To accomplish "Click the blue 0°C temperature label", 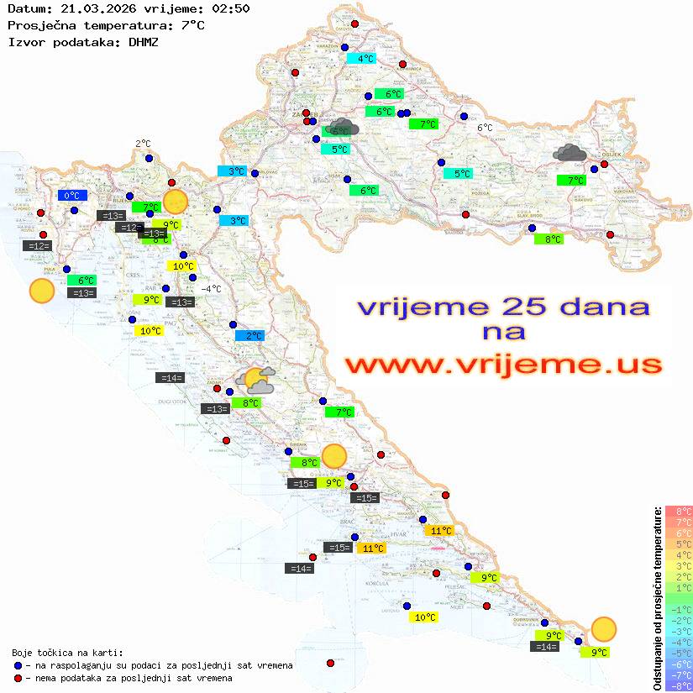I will (72, 196).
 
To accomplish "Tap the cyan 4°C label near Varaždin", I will (361, 59).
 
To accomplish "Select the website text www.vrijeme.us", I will (503, 365).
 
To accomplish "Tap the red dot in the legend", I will (18, 678).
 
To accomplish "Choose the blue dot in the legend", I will (18, 665).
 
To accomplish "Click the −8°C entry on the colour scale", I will (679, 686).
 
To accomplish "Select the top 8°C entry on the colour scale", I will (679, 512).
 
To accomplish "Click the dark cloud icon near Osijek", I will (570, 153).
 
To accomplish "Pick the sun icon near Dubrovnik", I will (603, 628).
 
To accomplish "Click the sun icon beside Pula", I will (41, 291).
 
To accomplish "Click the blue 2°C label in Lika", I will (249, 336).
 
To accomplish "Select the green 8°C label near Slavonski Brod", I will (549, 239).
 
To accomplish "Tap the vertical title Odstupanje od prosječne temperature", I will (657, 598).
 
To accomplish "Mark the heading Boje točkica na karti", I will (67, 653).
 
